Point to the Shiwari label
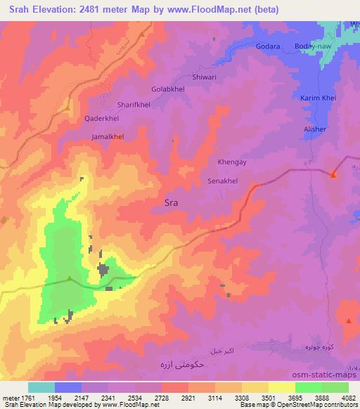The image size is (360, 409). click(207, 78)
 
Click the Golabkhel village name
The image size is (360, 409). click(169, 90)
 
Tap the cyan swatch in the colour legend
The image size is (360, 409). click(41, 387)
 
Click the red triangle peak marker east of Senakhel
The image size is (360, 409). click(335, 174)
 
